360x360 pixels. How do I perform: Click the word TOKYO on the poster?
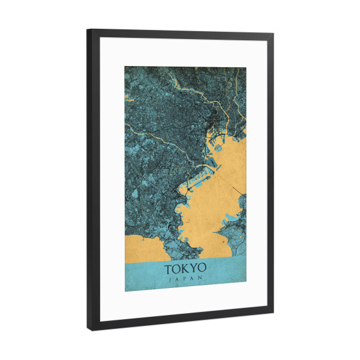click(x=185, y=268)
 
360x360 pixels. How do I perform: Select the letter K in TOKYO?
click(x=185, y=268)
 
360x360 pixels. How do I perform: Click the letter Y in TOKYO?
click(x=194, y=268)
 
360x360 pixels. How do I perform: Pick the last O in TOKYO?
click(x=202, y=268)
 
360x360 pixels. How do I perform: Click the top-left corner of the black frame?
click(x=88, y=30)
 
